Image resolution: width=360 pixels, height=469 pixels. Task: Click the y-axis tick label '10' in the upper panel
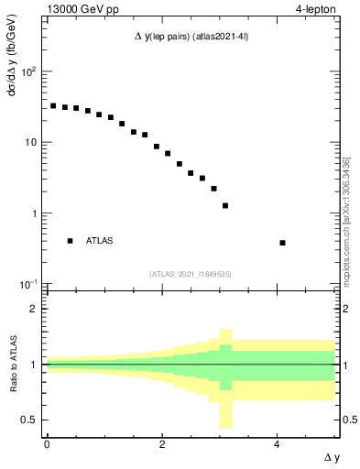tap(30, 142)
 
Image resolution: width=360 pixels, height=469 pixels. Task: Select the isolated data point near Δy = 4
tap(282, 243)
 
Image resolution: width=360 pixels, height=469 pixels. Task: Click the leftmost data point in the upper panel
tap(53, 106)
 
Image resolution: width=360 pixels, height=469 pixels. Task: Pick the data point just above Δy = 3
tap(225, 206)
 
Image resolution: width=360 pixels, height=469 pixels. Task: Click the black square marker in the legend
tap(70, 241)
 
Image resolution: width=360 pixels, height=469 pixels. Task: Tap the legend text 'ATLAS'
tap(100, 241)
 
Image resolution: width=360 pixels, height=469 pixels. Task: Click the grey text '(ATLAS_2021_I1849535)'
tap(190, 274)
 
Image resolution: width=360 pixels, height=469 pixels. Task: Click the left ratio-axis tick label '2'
tap(34, 309)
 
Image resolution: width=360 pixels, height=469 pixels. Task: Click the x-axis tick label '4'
tap(277, 444)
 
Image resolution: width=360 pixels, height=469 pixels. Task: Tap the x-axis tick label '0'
tap(46, 444)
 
